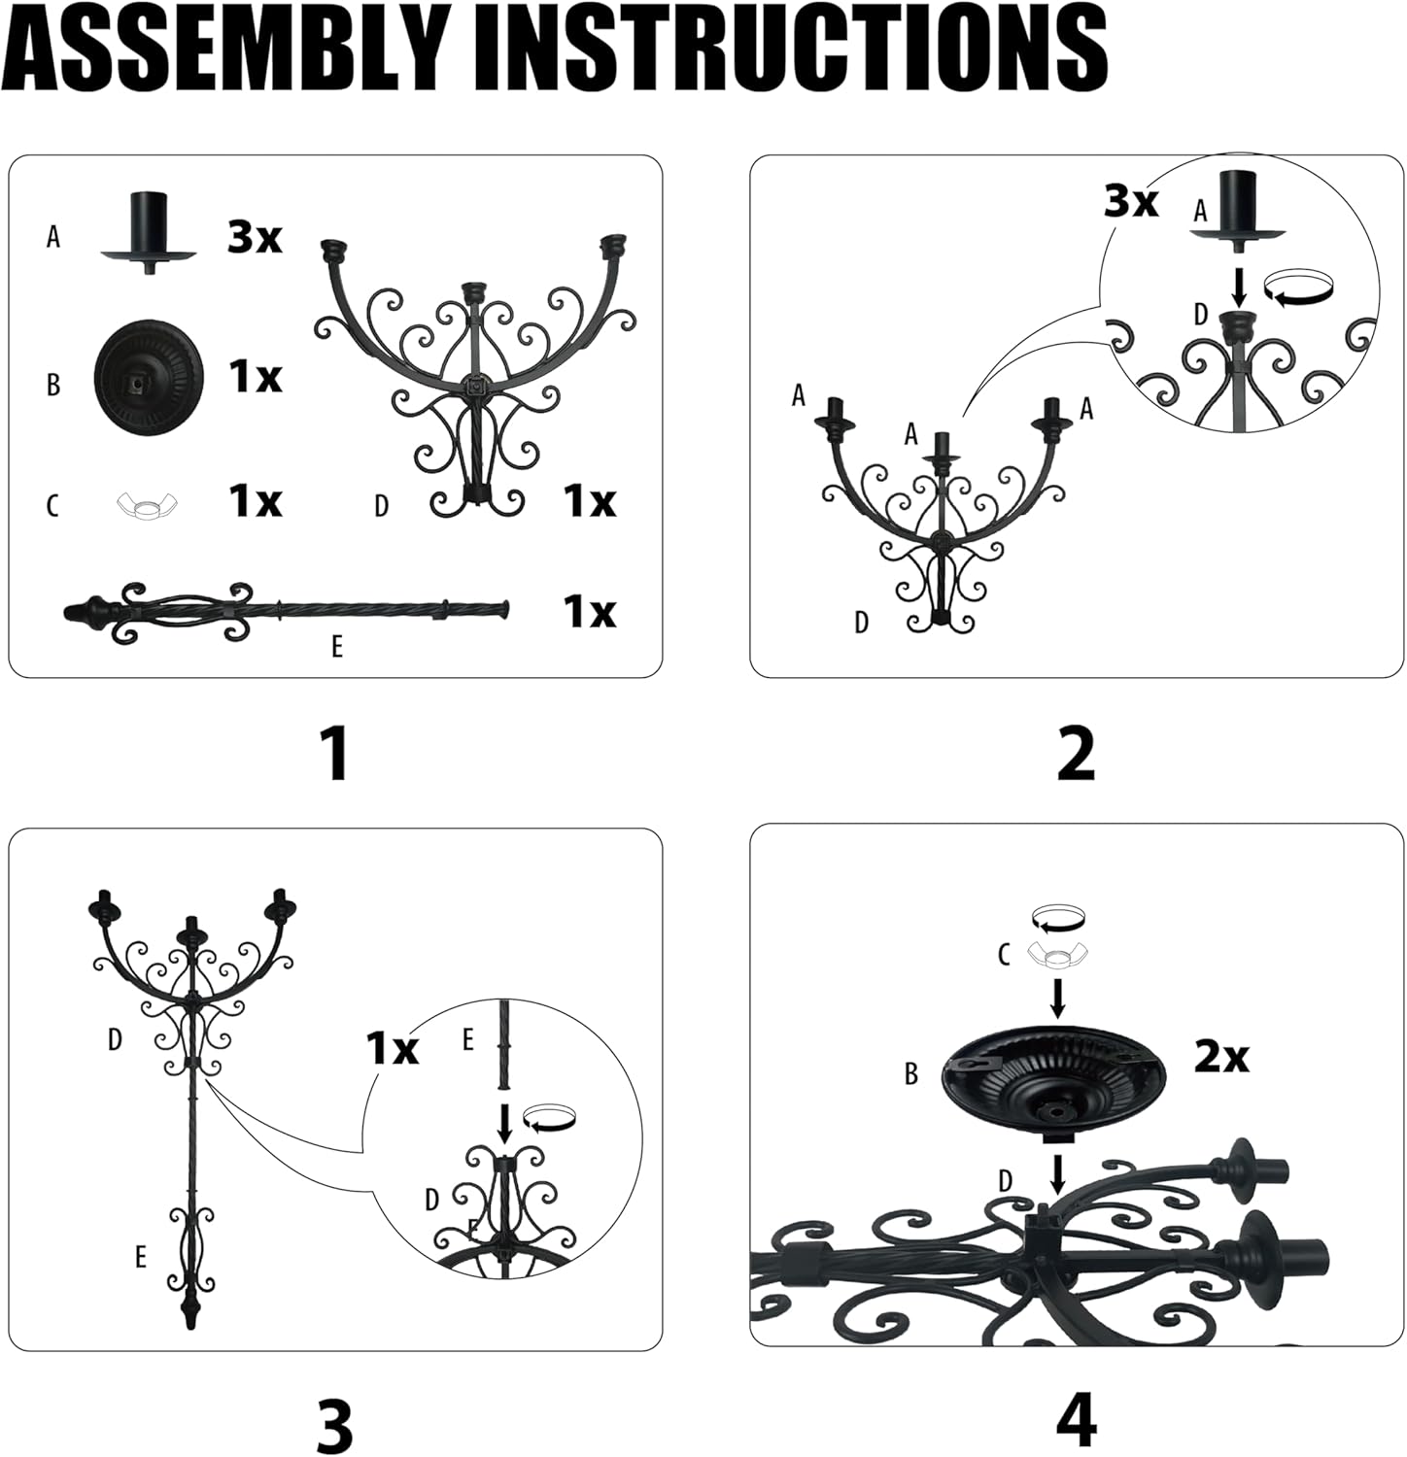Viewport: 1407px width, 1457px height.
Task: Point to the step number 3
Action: [335, 1424]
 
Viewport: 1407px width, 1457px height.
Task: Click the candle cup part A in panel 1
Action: [149, 234]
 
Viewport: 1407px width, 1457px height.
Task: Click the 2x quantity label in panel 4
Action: [1221, 1056]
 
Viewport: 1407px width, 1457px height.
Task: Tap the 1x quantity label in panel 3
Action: [393, 1048]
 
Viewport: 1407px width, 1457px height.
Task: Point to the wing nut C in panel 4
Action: [1058, 955]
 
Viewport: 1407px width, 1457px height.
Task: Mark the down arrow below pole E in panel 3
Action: [503, 1122]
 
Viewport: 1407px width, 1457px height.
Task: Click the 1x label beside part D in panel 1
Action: [590, 501]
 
